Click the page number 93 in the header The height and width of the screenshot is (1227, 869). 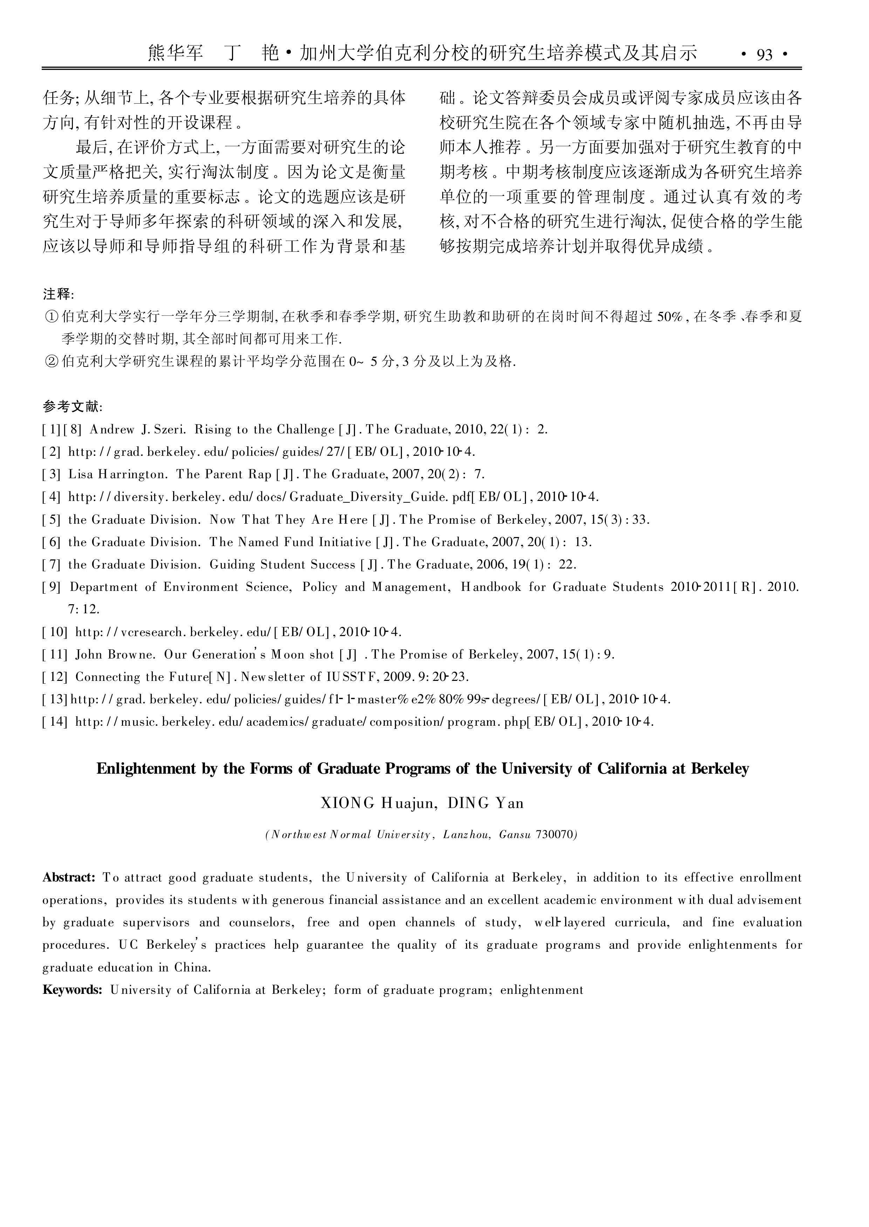[765, 55]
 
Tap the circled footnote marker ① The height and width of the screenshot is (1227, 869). [52, 317]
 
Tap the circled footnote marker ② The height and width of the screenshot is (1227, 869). [52, 362]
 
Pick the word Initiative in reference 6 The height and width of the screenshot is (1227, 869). [344, 542]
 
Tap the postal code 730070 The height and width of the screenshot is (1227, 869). [556, 835]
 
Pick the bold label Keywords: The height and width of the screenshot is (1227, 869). [72, 990]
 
